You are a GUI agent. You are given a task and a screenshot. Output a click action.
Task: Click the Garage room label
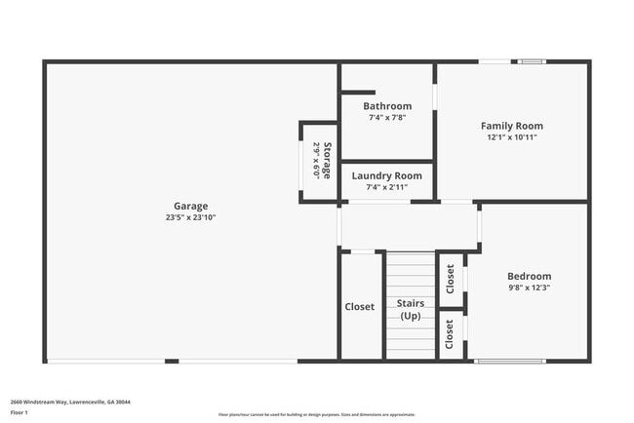(191, 206)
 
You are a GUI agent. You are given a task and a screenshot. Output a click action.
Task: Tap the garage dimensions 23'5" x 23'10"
(191, 217)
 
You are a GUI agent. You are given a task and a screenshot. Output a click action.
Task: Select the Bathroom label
(387, 105)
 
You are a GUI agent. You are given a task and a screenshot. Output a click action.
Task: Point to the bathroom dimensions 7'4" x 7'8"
(387, 117)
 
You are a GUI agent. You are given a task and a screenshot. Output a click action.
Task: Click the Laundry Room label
(387, 175)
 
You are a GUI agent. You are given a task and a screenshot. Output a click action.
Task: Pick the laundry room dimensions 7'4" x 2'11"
(387, 187)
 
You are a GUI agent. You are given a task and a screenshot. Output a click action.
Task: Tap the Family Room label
(512, 126)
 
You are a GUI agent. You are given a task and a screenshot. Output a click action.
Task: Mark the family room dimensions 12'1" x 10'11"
(512, 137)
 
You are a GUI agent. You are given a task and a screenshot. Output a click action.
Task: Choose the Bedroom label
(530, 276)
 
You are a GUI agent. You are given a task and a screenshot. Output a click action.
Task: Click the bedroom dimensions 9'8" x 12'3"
(530, 288)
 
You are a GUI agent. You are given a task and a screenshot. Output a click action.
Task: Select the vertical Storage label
(328, 161)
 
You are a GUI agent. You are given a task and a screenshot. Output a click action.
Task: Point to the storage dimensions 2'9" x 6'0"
(316, 161)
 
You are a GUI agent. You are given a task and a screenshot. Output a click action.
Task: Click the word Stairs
(410, 303)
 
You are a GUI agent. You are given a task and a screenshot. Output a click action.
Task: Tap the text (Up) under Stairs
(410, 316)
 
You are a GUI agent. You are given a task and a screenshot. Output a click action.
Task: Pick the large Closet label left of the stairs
(360, 307)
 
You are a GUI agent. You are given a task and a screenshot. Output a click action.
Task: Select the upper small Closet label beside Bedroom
(450, 279)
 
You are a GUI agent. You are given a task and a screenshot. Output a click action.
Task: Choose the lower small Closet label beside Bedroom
(450, 334)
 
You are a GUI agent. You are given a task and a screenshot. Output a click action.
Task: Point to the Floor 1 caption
(20, 413)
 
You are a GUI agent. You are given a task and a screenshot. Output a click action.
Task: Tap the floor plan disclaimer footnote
(316, 414)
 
